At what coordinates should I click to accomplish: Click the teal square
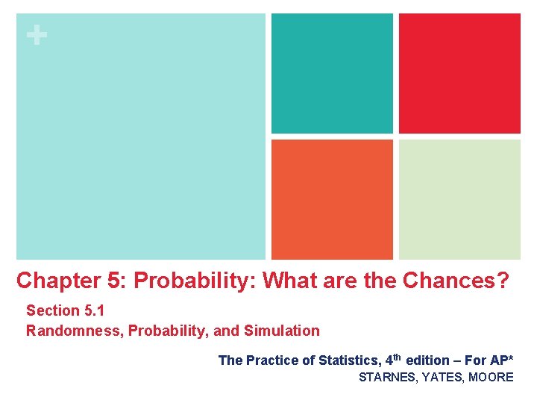(x=332, y=73)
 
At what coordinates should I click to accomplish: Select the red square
(x=459, y=73)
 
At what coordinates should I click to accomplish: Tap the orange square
(x=332, y=199)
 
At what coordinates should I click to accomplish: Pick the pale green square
(x=459, y=199)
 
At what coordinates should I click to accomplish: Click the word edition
(x=427, y=360)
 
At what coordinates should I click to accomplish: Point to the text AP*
(x=500, y=360)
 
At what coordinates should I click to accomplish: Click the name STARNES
(x=387, y=378)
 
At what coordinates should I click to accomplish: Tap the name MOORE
(x=492, y=378)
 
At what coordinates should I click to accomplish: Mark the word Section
(x=53, y=310)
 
